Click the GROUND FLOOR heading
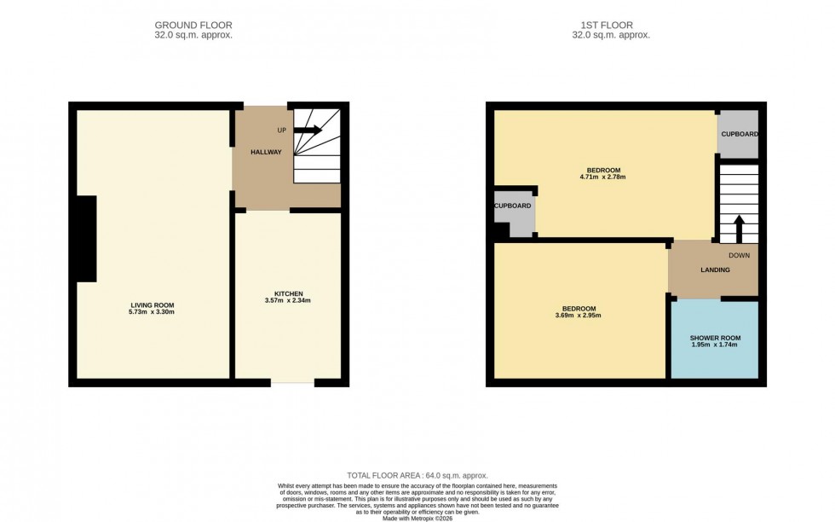(193, 26)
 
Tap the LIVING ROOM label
(152, 305)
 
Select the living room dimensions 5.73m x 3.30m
(152, 313)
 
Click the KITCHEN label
(288, 293)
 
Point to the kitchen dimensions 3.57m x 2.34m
(288, 301)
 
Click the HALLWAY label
(266, 152)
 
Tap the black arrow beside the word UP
(308, 130)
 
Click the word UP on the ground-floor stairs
(281, 130)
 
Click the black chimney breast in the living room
(86, 239)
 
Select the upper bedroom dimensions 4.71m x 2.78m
(603, 177)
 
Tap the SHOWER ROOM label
(713, 338)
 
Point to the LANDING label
(715, 270)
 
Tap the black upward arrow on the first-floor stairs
(739, 229)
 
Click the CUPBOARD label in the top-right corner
(739, 134)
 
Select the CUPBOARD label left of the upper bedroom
(513, 206)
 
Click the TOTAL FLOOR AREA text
(417, 476)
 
